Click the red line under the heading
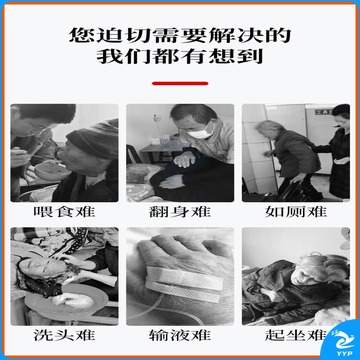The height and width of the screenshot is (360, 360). (180, 83)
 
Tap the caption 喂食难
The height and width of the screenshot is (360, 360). (64, 212)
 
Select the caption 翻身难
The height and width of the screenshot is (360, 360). (180, 212)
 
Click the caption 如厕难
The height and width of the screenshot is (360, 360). (296, 212)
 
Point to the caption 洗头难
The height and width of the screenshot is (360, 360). (64, 335)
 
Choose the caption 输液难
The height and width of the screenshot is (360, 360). (180, 335)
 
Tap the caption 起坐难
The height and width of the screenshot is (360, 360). (295, 335)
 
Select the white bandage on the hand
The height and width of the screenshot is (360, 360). (184, 283)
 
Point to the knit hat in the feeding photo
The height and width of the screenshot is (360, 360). (93, 139)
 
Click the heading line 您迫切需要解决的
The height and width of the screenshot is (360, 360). (180, 36)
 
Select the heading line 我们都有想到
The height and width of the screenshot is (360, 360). (180, 57)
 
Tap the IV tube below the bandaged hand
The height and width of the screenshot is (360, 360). (160, 308)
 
